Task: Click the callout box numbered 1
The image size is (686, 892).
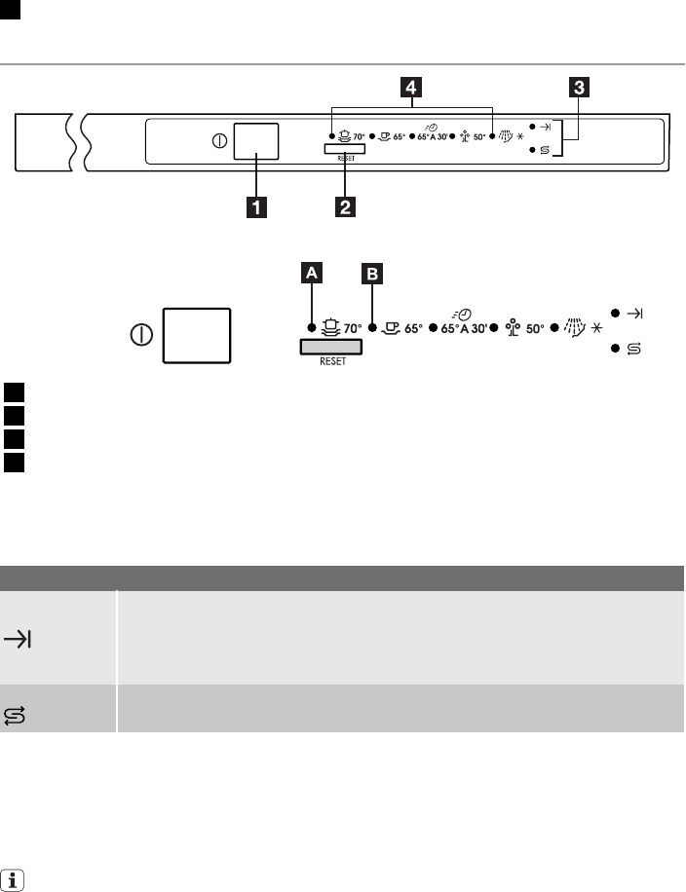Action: [256, 206]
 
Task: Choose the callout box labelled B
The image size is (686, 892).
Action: [372, 276]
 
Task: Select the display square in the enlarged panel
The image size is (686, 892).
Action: [198, 335]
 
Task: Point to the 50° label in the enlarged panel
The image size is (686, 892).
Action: [533, 329]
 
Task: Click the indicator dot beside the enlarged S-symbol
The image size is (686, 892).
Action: [616, 349]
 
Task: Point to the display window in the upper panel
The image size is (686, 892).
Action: [256, 141]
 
